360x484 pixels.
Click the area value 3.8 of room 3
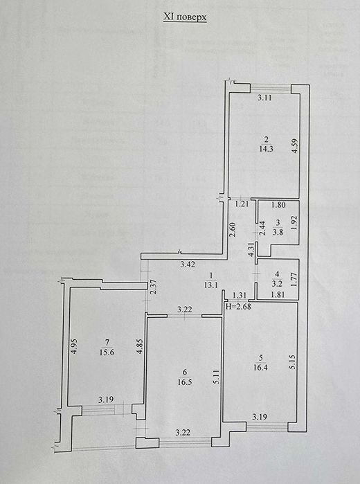(278, 232)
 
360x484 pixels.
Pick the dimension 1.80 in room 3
(278, 205)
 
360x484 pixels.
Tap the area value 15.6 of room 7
(106, 352)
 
